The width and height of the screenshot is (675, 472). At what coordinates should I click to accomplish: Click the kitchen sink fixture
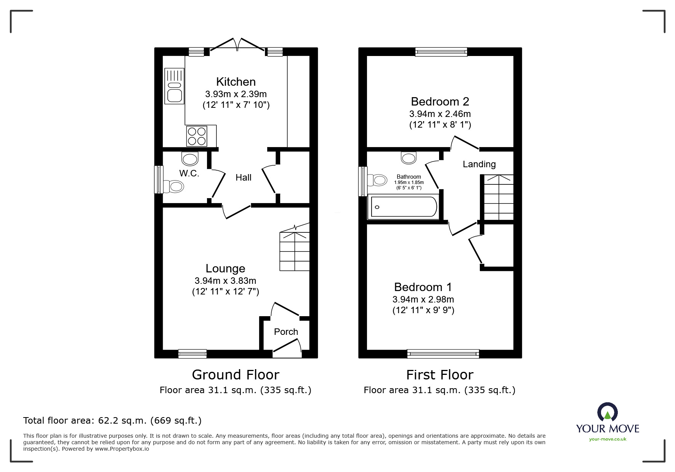click(174, 86)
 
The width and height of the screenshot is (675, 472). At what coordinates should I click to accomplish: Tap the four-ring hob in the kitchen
click(197, 136)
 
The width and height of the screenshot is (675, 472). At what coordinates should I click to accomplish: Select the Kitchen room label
click(236, 82)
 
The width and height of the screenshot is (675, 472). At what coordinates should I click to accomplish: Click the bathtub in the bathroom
click(404, 207)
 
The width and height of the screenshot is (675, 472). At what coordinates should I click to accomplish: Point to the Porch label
click(286, 332)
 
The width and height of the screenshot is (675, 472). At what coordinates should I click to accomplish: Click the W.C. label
click(189, 174)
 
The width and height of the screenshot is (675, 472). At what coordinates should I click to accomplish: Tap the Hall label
click(243, 178)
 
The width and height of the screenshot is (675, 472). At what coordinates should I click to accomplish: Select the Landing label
click(479, 164)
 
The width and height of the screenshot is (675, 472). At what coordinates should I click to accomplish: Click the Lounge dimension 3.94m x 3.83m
click(225, 281)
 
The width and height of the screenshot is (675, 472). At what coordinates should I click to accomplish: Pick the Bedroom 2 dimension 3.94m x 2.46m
click(440, 114)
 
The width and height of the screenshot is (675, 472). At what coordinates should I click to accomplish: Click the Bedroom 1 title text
click(423, 287)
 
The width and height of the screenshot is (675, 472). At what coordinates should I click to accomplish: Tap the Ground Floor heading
click(236, 375)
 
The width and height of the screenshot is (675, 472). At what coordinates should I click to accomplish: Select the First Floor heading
click(439, 375)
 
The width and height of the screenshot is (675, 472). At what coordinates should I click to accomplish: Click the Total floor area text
click(112, 421)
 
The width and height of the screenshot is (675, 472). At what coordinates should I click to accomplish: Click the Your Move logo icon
click(607, 412)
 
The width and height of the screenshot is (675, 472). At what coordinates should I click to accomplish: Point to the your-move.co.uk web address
click(608, 439)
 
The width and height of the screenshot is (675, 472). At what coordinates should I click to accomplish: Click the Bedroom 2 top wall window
click(441, 52)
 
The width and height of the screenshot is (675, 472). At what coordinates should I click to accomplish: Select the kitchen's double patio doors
click(237, 45)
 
